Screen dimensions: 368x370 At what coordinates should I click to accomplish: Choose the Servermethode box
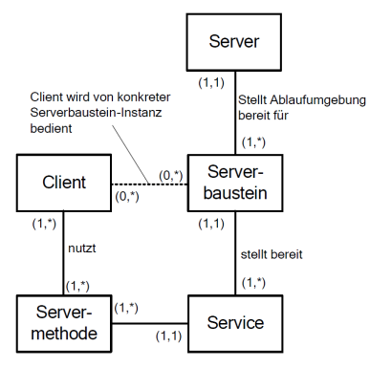[x=61, y=322]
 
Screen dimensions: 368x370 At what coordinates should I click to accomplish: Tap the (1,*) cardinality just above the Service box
[x=255, y=284]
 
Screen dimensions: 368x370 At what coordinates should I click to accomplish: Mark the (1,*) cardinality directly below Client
[x=44, y=223]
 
